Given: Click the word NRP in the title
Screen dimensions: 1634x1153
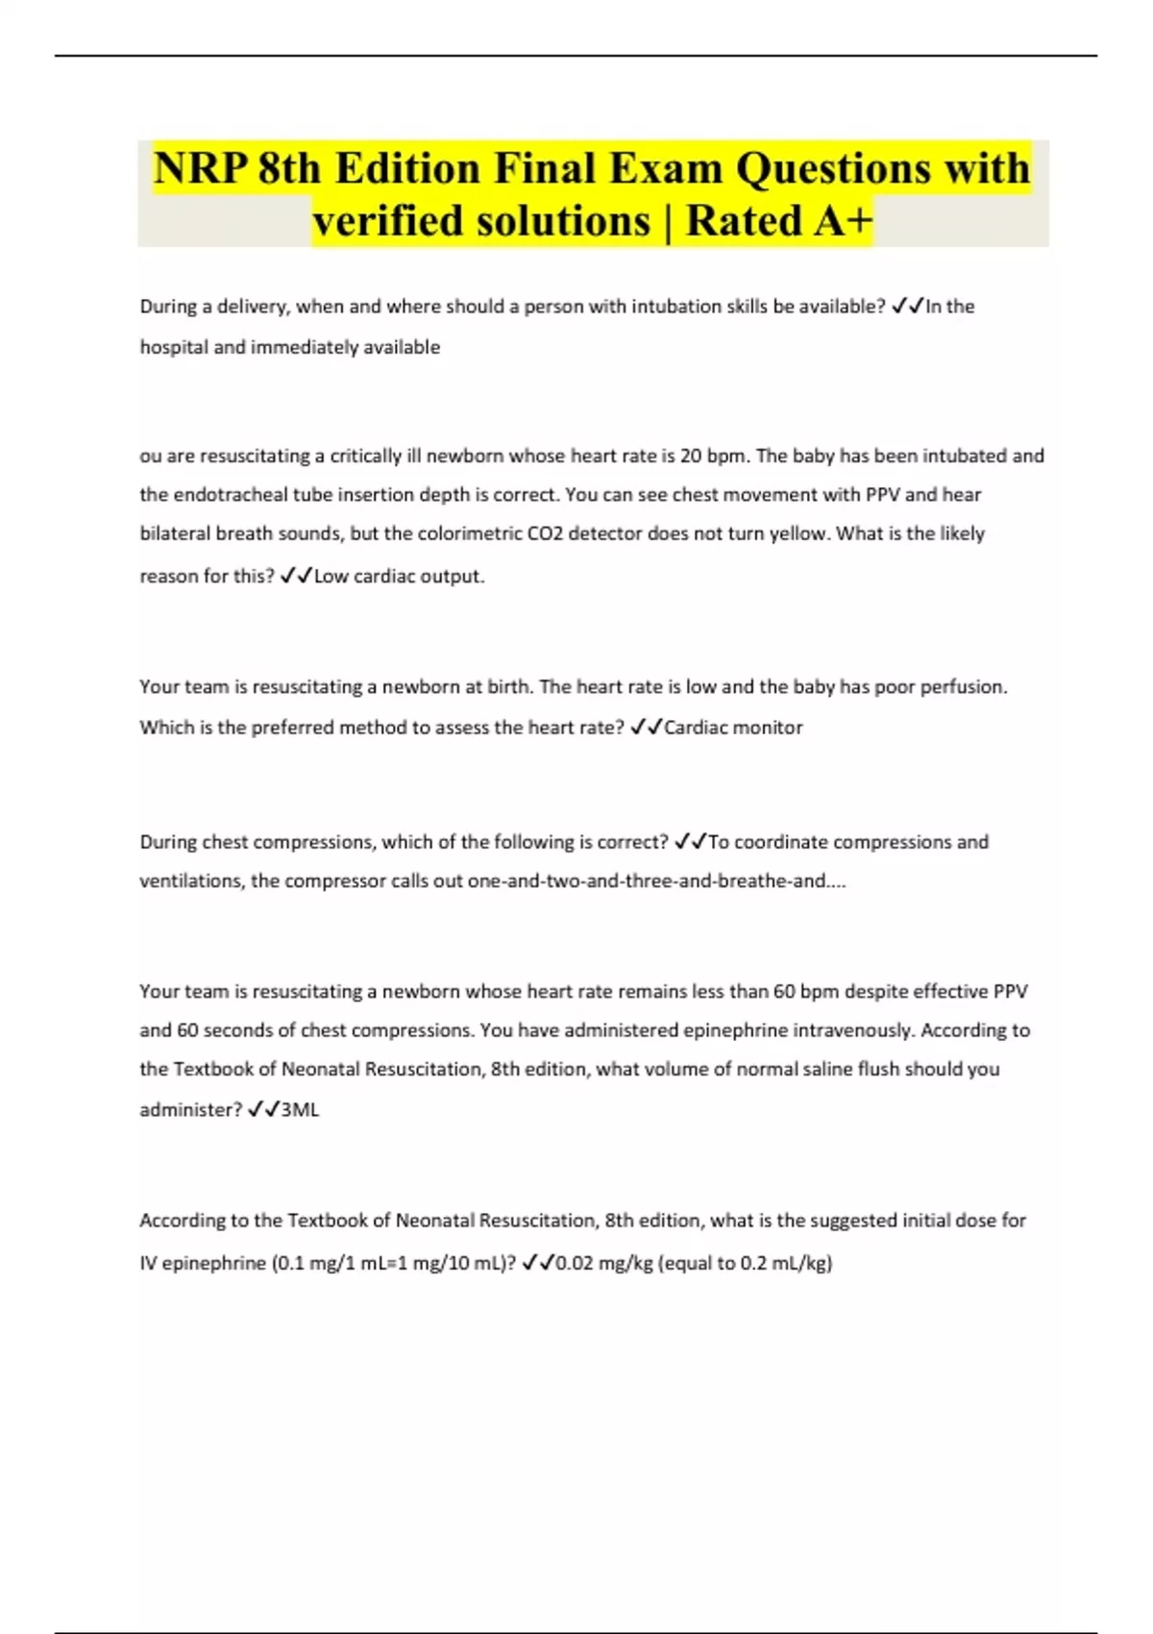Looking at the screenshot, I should tap(199, 169).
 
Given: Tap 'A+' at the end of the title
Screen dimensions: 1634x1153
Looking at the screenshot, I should tap(843, 221).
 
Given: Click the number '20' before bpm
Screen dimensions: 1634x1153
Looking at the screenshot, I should tap(691, 456).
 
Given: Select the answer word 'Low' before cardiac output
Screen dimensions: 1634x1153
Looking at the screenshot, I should tap(331, 577).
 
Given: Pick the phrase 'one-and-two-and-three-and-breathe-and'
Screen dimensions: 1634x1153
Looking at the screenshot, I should tap(646, 881).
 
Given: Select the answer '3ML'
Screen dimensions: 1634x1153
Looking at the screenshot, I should tap(300, 1110).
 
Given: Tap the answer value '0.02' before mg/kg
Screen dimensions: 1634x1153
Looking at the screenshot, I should tap(575, 1264).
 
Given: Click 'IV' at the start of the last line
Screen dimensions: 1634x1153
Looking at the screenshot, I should tap(148, 1264).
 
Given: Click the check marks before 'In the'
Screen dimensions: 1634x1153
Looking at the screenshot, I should tap(907, 307).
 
